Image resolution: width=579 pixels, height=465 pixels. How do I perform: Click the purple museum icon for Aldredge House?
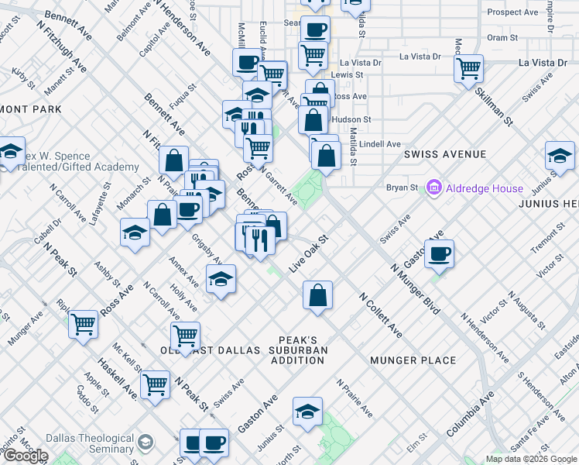[x=433, y=188]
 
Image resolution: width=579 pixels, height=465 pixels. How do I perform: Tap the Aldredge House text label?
[x=483, y=188]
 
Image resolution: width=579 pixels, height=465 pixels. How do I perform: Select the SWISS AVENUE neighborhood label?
[x=444, y=154]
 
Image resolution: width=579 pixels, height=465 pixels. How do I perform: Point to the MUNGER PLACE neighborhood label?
[x=413, y=360]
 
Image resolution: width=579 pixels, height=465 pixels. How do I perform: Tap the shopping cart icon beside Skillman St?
[x=469, y=68]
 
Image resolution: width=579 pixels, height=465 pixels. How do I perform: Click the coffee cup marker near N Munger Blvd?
[x=439, y=253]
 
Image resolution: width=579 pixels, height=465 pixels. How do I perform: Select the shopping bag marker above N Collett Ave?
[x=317, y=295]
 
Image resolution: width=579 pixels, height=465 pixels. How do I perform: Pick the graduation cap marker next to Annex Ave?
[x=221, y=278]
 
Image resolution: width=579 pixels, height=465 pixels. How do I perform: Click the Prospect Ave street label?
[x=512, y=12]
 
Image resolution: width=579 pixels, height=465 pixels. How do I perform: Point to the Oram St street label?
[x=502, y=37]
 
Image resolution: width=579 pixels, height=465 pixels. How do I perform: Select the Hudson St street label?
[x=351, y=120]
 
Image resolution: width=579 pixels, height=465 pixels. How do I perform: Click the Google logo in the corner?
[x=25, y=456]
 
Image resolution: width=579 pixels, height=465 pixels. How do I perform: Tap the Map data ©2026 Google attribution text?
[x=530, y=459]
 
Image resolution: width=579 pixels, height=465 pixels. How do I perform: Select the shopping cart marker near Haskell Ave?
[x=156, y=384]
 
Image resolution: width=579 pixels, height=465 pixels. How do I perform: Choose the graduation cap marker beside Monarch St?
[x=135, y=232]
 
